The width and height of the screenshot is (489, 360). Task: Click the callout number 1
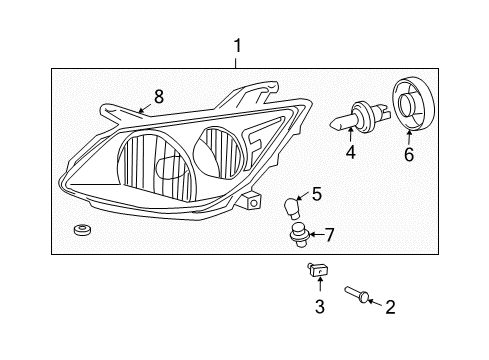pos(237,45)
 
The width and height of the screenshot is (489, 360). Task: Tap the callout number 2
pos(390,307)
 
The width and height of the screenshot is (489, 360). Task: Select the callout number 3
pos(320,307)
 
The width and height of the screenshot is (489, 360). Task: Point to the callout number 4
pos(350,153)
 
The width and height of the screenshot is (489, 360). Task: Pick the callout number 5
pos(316,194)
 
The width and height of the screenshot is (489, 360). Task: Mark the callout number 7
pos(329,235)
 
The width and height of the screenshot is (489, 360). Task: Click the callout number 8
pos(158,96)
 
